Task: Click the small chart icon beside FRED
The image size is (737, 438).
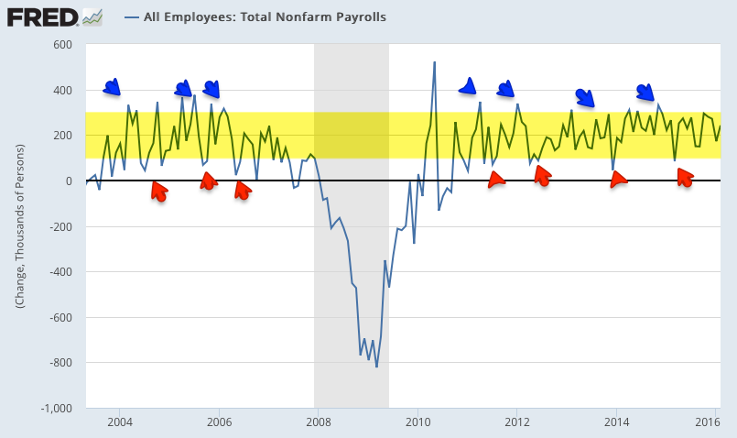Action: click(x=92, y=16)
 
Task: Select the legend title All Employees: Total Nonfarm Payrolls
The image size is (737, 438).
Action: click(x=264, y=16)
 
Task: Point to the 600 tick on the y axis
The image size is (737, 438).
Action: click(x=62, y=45)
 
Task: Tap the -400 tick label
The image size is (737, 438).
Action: click(x=60, y=272)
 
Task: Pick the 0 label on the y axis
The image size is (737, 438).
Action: click(x=69, y=181)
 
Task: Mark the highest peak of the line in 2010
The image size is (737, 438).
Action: click(x=434, y=62)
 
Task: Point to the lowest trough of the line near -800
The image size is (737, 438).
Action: click(x=376, y=367)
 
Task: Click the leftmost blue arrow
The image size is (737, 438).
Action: click(x=112, y=87)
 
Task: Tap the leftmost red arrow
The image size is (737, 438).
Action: click(x=158, y=191)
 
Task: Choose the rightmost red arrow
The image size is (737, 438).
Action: click(x=685, y=178)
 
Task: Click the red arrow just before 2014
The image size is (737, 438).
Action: click(x=619, y=180)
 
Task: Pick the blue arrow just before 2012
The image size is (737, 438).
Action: click(x=505, y=89)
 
